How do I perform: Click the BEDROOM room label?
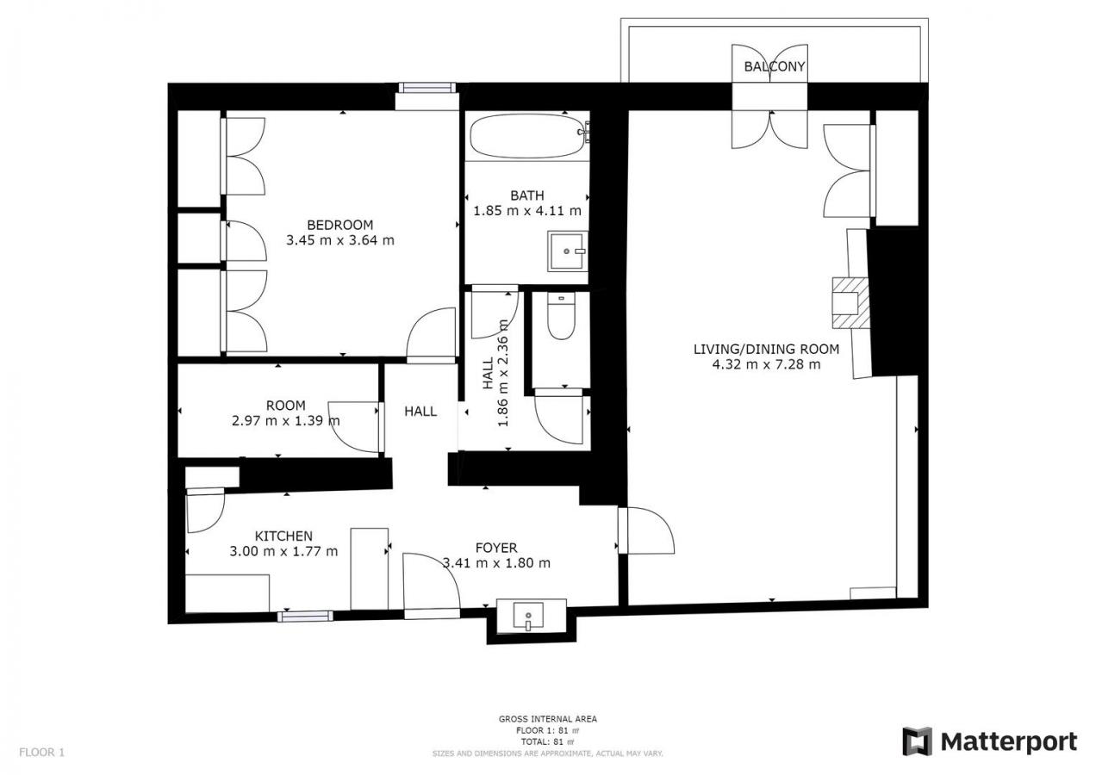click(x=340, y=225)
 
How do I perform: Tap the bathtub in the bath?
click(x=529, y=136)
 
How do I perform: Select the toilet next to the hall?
click(x=561, y=316)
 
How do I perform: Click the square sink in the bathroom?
click(x=567, y=251)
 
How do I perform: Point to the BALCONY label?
click(x=774, y=66)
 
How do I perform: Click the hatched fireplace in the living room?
click(x=850, y=302)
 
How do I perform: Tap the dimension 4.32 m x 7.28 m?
click(x=766, y=364)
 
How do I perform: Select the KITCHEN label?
click(x=283, y=536)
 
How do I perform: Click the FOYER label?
click(x=496, y=548)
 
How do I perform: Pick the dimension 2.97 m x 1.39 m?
click(x=286, y=420)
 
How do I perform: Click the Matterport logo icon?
click(x=918, y=741)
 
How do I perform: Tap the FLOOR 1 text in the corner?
click(x=41, y=752)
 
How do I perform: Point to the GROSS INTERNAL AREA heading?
click(x=547, y=719)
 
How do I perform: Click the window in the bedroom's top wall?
click(x=427, y=88)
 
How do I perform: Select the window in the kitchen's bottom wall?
click(x=305, y=617)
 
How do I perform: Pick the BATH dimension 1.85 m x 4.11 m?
click(x=527, y=211)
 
